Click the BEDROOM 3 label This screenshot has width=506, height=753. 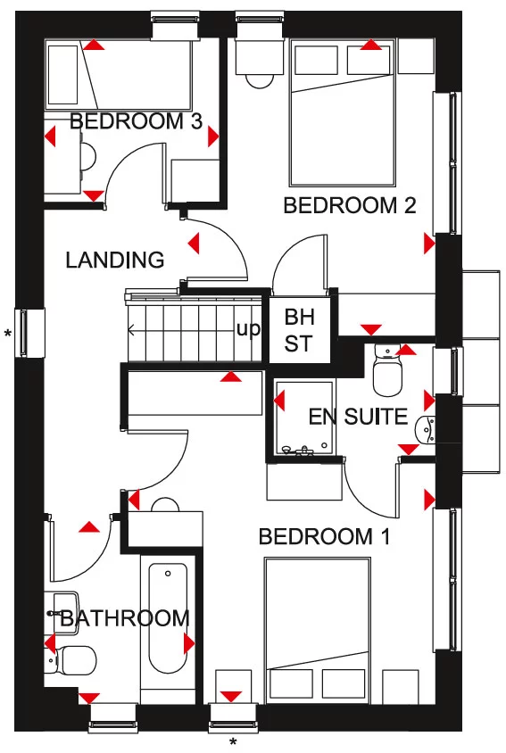point(137,121)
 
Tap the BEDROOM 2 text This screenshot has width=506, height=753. point(350,206)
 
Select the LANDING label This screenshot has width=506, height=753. point(115,261)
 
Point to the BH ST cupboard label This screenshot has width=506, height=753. point(298,329)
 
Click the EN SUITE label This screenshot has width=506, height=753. point(358,417)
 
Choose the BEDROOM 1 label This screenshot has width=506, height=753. point(325,537)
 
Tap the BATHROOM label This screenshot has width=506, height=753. point(124,618)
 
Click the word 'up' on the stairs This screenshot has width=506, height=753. point(248,329)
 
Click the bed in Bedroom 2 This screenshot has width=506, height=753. point(343,112)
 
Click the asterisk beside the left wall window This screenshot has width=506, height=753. point(8,334)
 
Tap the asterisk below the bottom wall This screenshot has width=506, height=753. point(233,742)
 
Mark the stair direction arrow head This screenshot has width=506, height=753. point(132,330)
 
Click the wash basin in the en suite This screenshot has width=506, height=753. point(425,430)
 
